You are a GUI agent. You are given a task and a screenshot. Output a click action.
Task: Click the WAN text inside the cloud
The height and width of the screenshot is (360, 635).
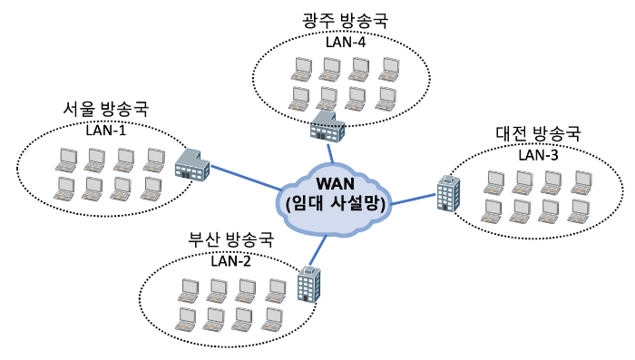pyautogui.click(x=336, y=184)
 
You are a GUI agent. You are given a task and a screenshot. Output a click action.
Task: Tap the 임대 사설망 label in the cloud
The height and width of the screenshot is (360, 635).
pyautogui.click(x=336, y=203)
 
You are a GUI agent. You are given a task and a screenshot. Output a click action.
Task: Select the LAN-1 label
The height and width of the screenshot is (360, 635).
pyautogui.click(x=106, y=131)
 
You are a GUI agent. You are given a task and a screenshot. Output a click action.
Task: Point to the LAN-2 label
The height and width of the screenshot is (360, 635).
pyautogui.click(x=230, y=261)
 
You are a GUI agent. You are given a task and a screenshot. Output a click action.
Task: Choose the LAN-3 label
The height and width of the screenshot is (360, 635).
pyautogui.click(x=538, y=155)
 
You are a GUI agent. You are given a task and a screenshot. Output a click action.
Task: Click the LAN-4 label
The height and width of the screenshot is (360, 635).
pyautogui.click(x=346, y=42)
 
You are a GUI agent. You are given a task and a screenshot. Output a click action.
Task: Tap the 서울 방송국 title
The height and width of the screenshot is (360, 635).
pyautogui.click(x=106, y=110)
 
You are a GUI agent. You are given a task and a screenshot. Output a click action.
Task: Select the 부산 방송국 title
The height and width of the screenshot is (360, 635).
pyautogui.click(x=230, y=239)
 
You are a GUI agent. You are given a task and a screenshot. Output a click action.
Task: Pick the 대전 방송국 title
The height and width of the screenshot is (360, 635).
pyautogui.click(x=538, y=133)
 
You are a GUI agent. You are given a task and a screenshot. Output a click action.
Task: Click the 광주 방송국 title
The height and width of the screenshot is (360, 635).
pyautogui.click(x=346, y=21)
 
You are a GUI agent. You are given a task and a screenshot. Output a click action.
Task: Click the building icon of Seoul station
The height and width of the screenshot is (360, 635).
pyautogui.click(x=192, y=165)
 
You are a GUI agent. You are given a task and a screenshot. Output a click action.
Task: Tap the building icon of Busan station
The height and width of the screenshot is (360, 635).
pyautogui.click(x=309, y=284)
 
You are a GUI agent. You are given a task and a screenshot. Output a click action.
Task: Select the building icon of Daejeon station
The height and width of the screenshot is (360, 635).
pyautogui.click(x=449, y=193)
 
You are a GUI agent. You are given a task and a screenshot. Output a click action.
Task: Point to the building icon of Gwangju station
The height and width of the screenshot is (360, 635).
pyautogui.click(x=327, y=126)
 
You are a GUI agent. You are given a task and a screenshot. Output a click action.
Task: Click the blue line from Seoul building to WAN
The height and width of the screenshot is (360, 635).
pyautogui.click(x=246, y=178)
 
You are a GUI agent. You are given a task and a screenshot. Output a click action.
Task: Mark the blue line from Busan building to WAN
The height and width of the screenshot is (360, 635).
pyautogui.click(x=317, y=250)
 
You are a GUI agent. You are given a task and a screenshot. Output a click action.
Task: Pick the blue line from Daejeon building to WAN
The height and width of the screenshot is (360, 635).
pyautogui.click(x=413, y=199)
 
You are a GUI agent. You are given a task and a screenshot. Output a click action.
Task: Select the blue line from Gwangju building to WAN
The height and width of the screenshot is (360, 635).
pyautogui.click(x=330, y=152)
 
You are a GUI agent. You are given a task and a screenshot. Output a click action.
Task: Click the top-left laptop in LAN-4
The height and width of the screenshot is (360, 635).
pyautogui.click(x=302, y=70)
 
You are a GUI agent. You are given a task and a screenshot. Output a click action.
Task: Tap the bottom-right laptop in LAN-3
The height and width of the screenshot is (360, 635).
pyautogui.click(x=579, y=211)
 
